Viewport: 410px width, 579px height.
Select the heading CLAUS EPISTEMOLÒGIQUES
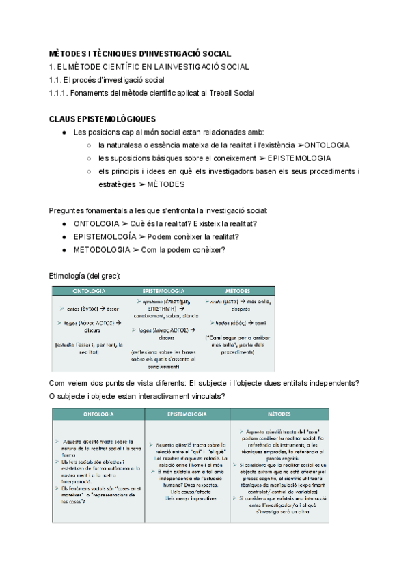102,119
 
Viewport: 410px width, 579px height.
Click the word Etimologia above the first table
70,275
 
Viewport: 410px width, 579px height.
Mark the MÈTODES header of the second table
278,414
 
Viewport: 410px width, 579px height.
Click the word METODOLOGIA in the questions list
101,250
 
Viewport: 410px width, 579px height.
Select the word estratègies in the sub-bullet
121,184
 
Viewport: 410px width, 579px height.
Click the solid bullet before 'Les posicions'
64,132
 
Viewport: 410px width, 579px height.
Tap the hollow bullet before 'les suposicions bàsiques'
89,158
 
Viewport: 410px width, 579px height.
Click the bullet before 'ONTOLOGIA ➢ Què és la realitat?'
64,224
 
